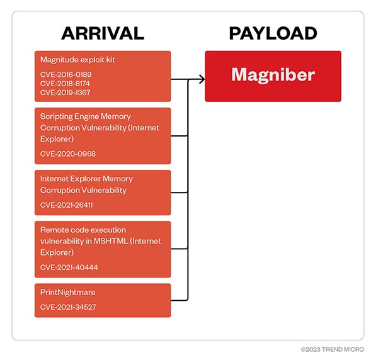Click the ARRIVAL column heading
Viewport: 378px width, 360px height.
pyautogui.click(x=103, y=33)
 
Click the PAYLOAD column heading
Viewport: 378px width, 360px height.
pyautogui.click(x=273, y=33)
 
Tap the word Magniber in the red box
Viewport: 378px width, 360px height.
pyautogui.click(x=273, y=75)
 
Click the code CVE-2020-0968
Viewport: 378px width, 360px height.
pyautogui.click(x=67, y=154)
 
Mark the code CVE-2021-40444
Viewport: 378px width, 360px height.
pyautogui.click(x=69, y=267)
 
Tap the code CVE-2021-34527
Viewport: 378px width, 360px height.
pyautogui.click(x=67, y=307)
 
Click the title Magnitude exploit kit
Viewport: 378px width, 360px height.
pyautogui.click(x=77, y=60)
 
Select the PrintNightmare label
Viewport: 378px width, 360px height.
pyautogui.click(x=69, y=293)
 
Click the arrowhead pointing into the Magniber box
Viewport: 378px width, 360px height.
pyautogui.click(x=202, y=79)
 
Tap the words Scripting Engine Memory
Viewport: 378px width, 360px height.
pyautogui.click(x=85, y=116)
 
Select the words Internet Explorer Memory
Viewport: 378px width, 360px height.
pyautogui.click(x=86, y=179)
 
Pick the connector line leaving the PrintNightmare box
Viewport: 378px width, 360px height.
pyautogui.click(x=180, y=300)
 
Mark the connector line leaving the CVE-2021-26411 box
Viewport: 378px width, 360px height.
pyautogui.click(x=180, y=192)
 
